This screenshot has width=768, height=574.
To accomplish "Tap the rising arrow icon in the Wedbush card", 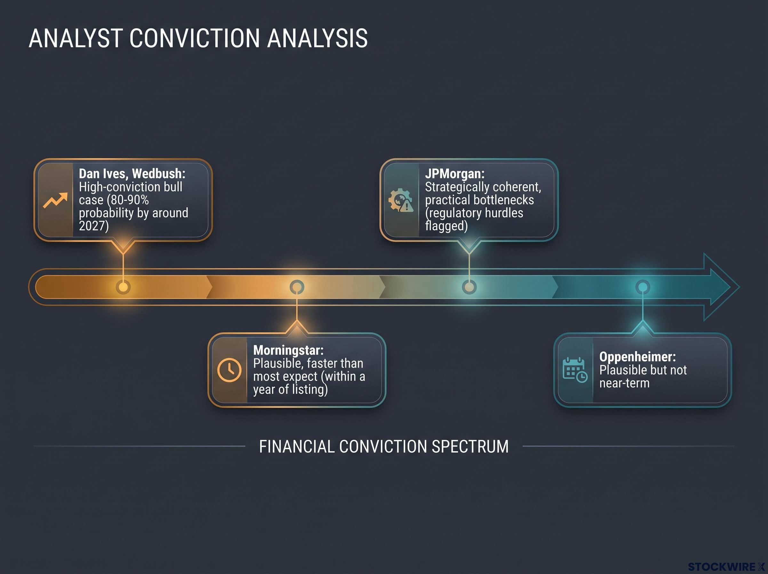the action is coord(55,201).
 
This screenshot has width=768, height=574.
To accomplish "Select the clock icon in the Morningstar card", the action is coord(229,370).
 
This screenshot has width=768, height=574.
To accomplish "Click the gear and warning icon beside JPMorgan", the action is coord(401,200).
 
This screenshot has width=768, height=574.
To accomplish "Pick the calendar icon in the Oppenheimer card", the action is coord(575,370).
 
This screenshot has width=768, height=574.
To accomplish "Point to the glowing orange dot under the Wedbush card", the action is coord(123,287).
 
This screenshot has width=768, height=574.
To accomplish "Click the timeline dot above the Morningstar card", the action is coord(297,287).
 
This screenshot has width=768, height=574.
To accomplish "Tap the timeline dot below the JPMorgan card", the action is coord(469,287).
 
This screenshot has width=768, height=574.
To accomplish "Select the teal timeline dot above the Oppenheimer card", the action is coord(643,287).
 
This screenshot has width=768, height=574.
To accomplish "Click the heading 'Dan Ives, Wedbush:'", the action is coord(132,173).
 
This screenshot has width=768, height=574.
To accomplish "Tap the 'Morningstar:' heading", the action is coord(288,350).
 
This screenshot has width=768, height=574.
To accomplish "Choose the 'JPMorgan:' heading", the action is coord(455,173).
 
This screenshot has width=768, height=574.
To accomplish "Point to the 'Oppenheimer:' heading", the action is coord(637,357).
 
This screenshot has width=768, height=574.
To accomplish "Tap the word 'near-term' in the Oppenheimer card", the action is coord(624,383).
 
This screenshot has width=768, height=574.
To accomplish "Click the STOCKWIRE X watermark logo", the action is coord(726,567).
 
